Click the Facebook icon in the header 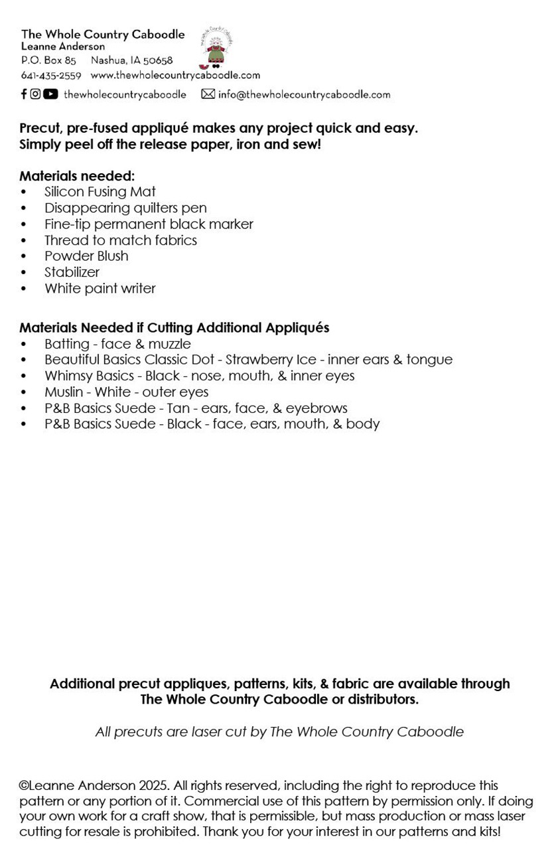click(24, 94)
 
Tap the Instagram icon click(35, 94)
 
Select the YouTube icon click(50, 94)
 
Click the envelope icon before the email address click(208, 94)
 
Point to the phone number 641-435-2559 click(51, 76)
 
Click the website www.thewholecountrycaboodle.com click(175, 76)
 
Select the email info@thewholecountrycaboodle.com click(304, 94)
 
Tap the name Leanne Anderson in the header click(63, 46)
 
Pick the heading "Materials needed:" click(77, 176)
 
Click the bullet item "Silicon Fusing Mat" click(100, 192)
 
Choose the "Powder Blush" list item click(86, 256)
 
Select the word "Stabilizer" click(72, 272)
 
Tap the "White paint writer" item click(100, 288)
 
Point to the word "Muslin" click(65, 392)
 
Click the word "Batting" click(66, 344)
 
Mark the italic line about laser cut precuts click(279, 732)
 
